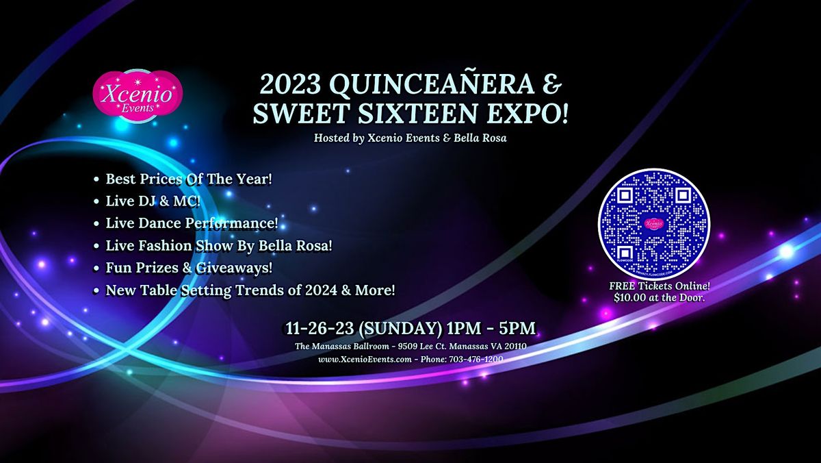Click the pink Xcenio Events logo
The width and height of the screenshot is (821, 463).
pos(138,96)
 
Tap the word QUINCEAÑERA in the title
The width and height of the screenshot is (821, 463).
pos(435,84)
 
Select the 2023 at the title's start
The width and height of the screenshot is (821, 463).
pos(290,85)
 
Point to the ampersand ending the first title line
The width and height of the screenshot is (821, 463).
pos(551,85)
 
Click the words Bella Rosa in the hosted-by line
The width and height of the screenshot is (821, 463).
pos(480,138)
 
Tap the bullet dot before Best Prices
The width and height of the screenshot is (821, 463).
pos(96,179)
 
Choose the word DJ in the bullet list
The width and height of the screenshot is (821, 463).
pos(146,201)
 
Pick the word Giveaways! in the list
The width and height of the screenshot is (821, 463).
pos(234,268)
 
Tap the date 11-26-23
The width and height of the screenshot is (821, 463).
pos(320,328)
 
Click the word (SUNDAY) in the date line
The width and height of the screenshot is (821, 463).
pos(400,328)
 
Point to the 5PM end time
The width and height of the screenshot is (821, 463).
pos(517,328)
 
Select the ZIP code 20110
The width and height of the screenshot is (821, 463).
pos(515,347)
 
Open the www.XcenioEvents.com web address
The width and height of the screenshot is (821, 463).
pos(365,359)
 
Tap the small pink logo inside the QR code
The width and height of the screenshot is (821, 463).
pos(654,223)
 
